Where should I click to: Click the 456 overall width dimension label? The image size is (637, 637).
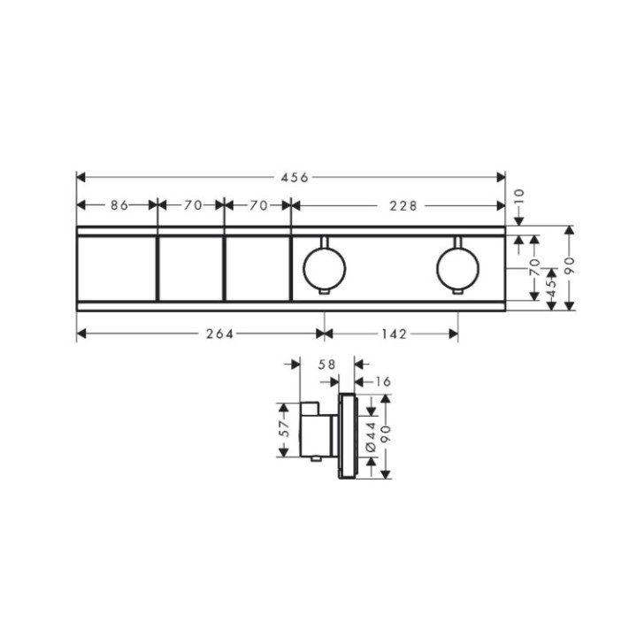click(295, 178)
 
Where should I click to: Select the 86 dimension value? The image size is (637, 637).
click(119, 205)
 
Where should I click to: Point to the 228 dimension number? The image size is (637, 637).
click(403, 206)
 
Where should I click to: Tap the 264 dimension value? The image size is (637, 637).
click(219, 334)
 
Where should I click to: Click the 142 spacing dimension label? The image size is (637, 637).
click(394, 334)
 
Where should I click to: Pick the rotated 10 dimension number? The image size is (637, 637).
click(519, 198)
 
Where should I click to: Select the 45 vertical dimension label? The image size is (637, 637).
click(551, 288)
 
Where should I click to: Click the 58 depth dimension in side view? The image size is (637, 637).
click(327, 365)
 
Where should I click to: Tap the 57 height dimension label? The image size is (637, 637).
click(285, 428)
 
